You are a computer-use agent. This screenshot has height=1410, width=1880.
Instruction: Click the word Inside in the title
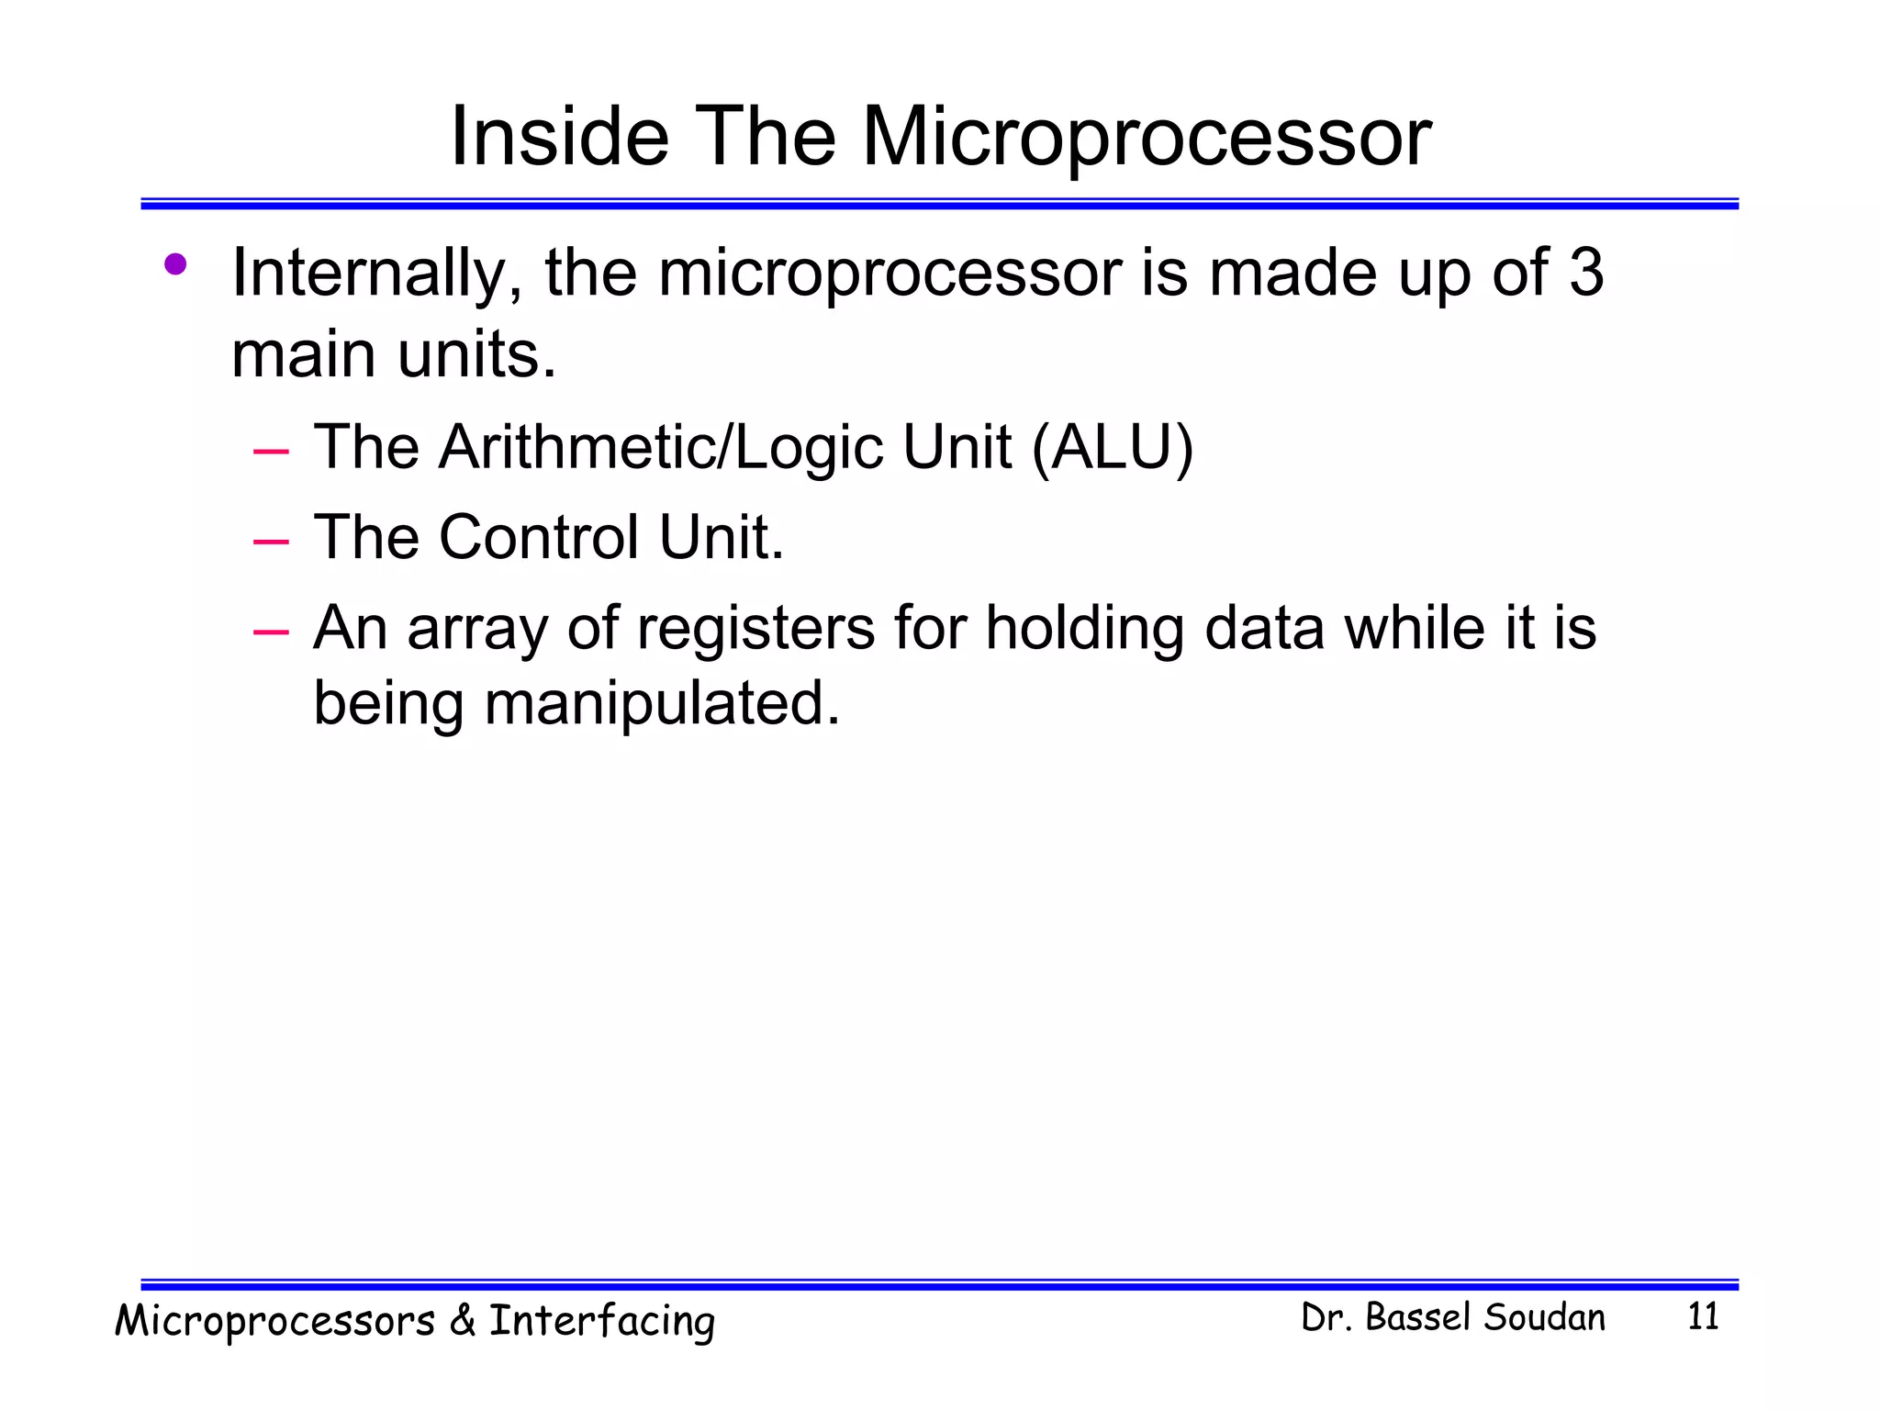pos(559,137)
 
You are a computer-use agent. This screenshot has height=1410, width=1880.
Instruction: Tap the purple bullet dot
pos(174,265)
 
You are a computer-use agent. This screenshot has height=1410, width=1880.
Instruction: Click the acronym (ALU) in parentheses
pos(1112,448)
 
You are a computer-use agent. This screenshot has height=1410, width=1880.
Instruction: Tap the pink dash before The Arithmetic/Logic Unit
pos(271,452)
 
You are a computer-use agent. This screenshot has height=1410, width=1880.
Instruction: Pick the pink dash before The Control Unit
pos(271,543)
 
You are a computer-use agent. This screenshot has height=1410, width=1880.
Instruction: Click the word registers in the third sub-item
pos(755,629)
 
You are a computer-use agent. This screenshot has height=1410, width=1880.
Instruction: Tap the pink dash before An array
pos(271,632)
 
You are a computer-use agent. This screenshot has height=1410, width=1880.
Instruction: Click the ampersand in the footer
pos(462,1321)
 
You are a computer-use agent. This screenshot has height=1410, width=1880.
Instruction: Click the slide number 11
pos(1703,1317)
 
